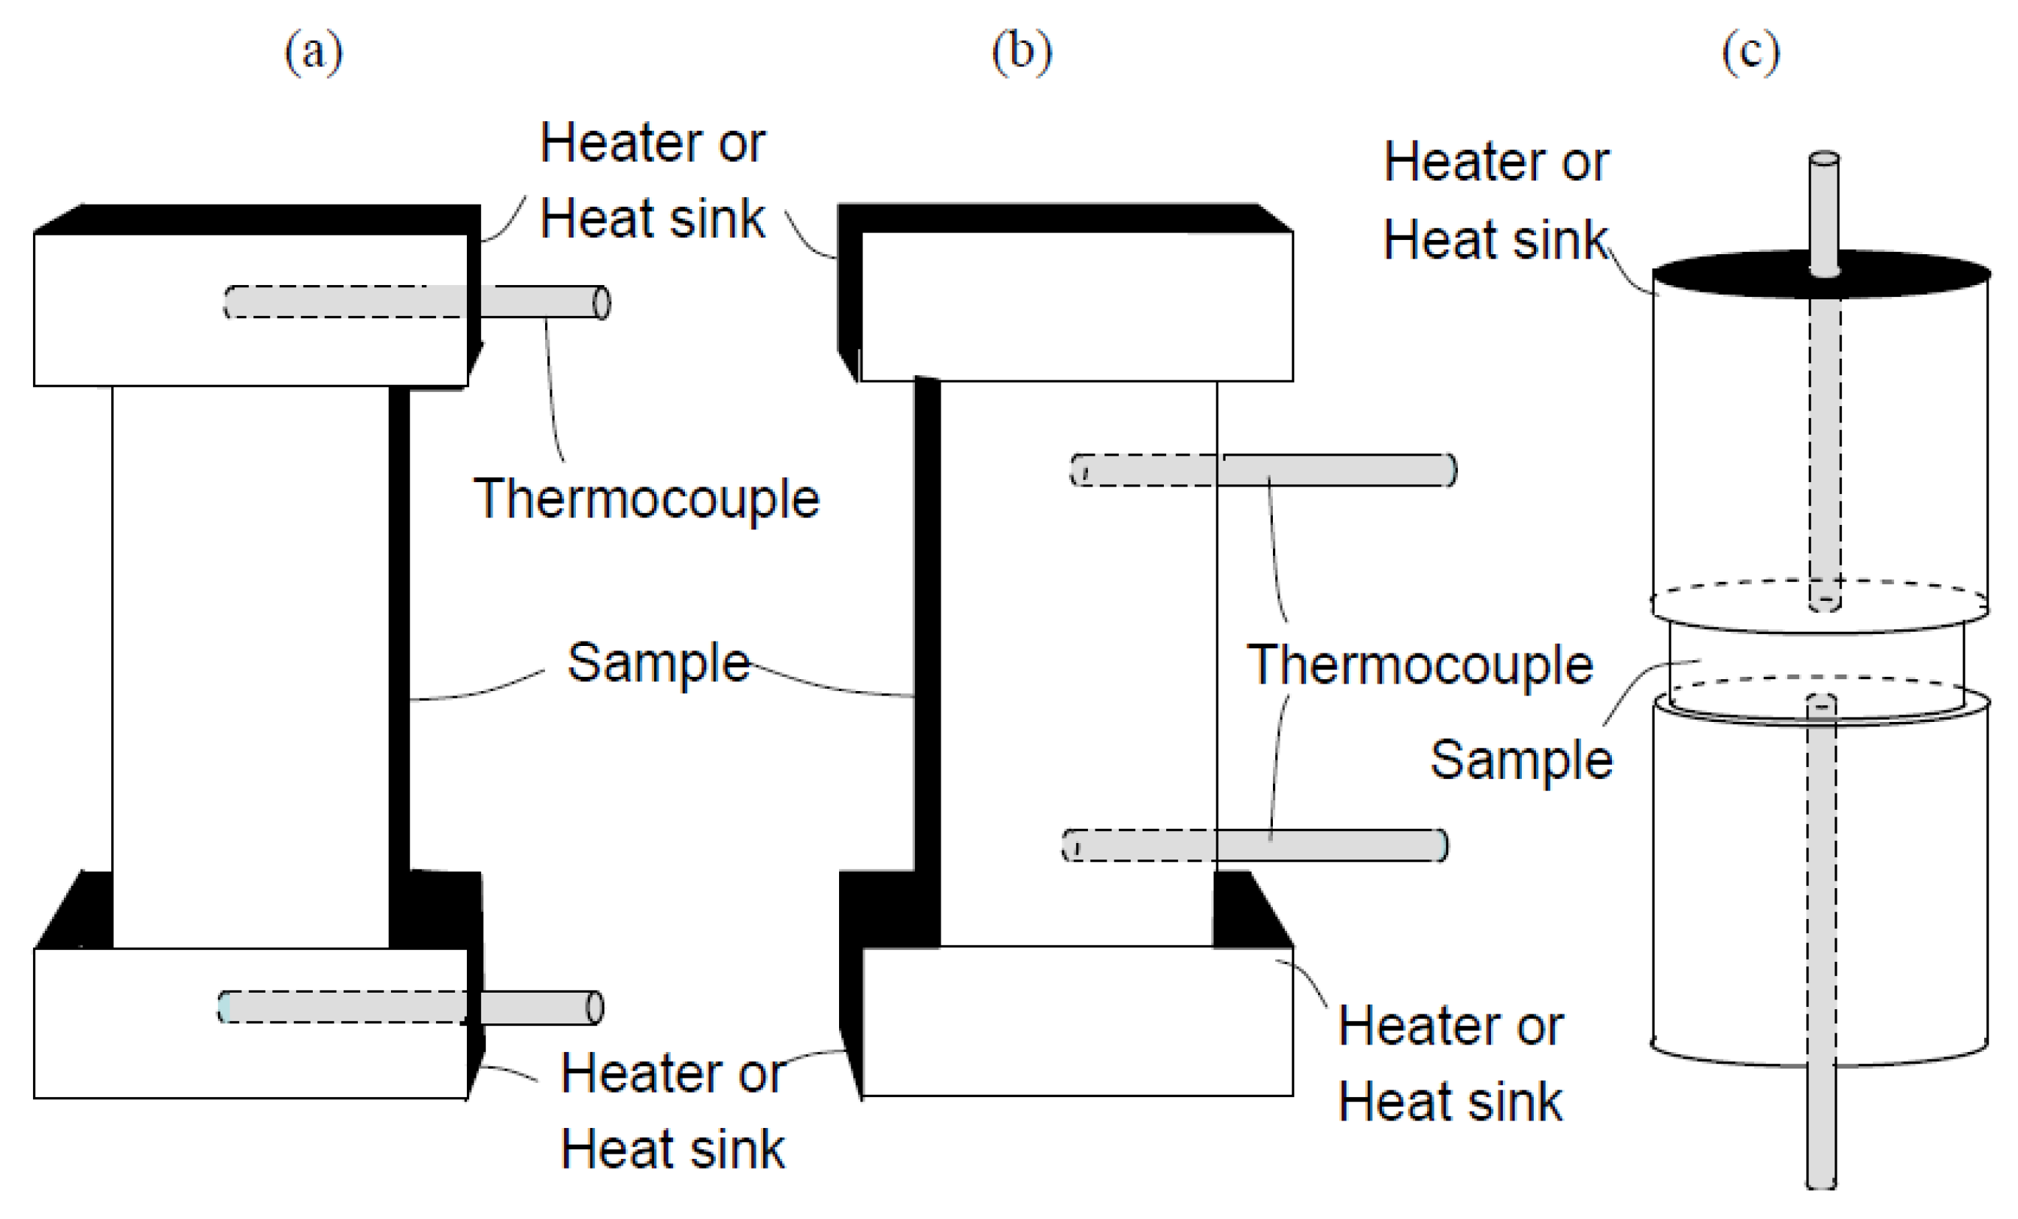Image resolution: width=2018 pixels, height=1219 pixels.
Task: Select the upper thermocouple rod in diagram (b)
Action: [1335, 470]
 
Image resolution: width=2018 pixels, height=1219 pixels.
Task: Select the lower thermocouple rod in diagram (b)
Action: [1327, 845]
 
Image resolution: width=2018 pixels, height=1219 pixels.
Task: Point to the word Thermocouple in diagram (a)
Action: [646, 498]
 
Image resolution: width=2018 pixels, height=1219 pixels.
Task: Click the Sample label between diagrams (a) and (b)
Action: [658, 662]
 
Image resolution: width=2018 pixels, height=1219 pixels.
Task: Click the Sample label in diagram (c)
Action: [1521, 759]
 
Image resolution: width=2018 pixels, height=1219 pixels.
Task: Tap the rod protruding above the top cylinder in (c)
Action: [1824, 209]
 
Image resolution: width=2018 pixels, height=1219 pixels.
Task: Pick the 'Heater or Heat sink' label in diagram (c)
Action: [1495, 201]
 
